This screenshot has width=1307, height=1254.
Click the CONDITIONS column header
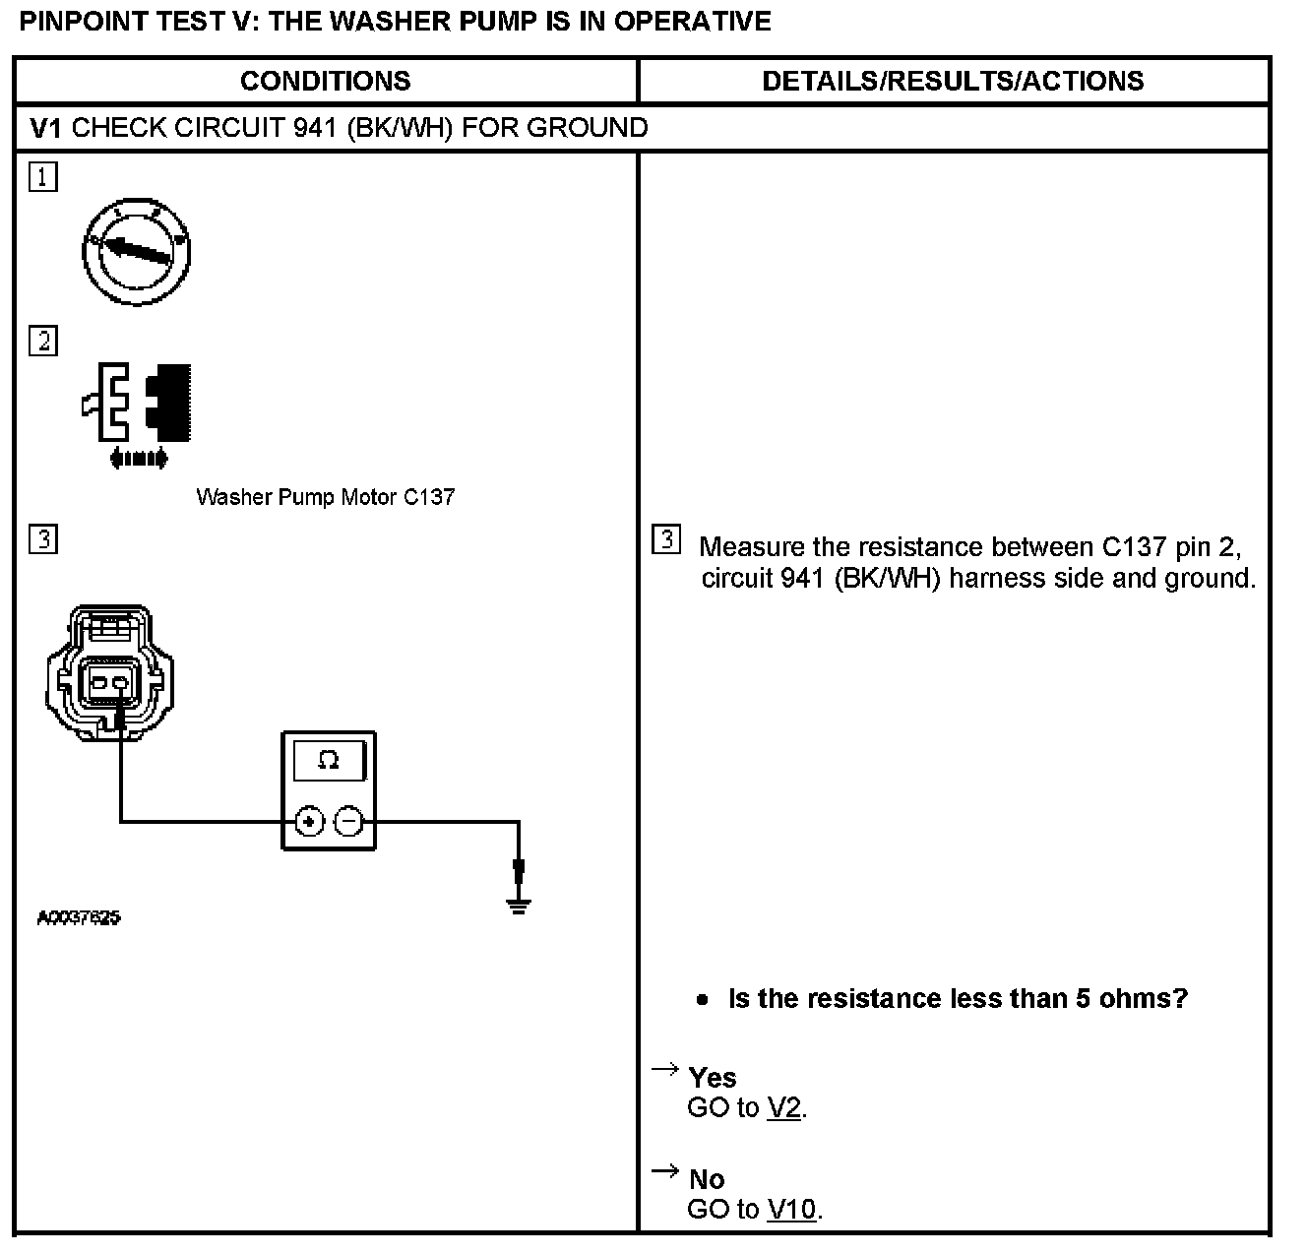pyautogui.click(x=325, y=81)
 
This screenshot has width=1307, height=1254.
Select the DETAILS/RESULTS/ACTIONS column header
pyautogui.click(x=953, y=81)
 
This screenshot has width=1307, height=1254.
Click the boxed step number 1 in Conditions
pyautogui.click(x=43, y=178)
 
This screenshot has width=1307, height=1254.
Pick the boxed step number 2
pyautogui.click(x=43, y=342)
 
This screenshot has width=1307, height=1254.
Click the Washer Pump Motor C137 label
pyautogui.click(x=325, y=497)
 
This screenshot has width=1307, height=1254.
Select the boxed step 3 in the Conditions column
pyautogui.click(x=43, y=539)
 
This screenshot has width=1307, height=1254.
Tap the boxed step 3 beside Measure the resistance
pyautogui.click(x=666, y=540)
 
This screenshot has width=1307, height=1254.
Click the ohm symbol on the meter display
pyautogui.click(x=329, y=761)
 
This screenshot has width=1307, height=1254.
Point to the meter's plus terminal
pyautogui.click(x=309, y=820)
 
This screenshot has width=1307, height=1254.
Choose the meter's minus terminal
pyautogui.click(x=348, y=820)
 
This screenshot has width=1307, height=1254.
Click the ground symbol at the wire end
pyautogui.click(x=519, y=903)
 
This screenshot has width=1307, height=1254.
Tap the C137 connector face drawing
pyautogui.click(x=109, y=673)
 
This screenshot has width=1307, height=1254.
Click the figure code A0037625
pyautogui.click(x=79, y=918)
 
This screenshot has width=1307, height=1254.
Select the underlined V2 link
pyautogui.click(x=783, y=1108)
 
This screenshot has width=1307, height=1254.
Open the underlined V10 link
pyautogui.click(x=791, y=1210)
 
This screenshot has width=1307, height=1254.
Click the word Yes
pyautogui.click(x=713, y=1078)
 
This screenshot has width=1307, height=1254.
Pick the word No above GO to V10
pyautogui.click(x=707, y=1179)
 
